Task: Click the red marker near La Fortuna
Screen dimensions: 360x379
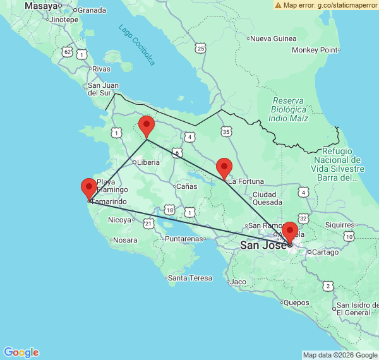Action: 224,168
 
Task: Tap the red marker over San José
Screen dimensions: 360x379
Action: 290,232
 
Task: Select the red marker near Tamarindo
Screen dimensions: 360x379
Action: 89,188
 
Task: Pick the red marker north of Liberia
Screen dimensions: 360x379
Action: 147,126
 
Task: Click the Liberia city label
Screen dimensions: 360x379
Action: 148,162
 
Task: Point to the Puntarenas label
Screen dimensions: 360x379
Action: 184,239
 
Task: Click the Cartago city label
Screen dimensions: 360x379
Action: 326,252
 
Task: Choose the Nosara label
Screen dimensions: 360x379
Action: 125,240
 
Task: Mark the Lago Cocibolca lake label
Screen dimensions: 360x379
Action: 136,45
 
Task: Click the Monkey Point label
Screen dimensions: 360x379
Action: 315,50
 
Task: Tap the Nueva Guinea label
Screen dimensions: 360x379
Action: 274,39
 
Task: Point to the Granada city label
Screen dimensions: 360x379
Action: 92,10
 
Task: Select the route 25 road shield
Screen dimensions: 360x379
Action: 201,48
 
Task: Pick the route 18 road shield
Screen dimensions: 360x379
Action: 169,210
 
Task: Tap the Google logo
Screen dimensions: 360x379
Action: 21,352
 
